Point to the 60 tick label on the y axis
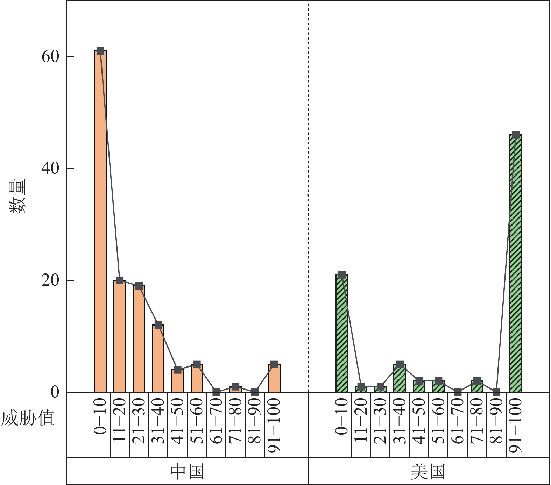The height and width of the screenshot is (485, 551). (50, 56)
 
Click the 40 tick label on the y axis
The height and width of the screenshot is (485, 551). (50, 168)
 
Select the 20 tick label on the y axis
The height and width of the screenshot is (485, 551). (50, 280)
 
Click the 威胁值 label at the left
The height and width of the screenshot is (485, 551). (28, 418)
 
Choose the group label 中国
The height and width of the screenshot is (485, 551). (187, 471)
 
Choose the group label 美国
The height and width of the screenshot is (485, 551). (428, 471)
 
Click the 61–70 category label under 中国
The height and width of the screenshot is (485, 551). (216, 421)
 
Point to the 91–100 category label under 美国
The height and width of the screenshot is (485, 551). (516, 425)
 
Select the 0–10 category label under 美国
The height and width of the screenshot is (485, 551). (342, 416)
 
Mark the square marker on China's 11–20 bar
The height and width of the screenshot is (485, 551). (120, 280)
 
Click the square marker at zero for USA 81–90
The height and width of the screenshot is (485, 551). (496, 392)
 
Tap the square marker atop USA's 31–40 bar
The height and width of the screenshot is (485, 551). (400, 364)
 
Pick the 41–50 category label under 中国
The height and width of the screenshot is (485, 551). (178, 421)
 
